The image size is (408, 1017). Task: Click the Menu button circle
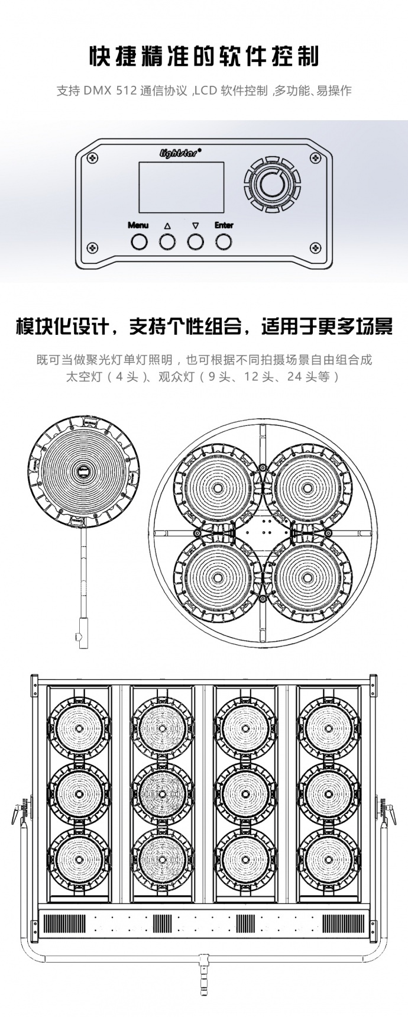[x=139, y=241]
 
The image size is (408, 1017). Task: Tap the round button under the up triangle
[x=167, y=241]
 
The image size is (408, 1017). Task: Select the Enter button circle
[x=224, y=241]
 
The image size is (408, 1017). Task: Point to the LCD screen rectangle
[x=181, y=187]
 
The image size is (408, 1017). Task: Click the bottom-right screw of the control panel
[x=316, y=247]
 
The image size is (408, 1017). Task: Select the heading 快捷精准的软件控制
[x=203, y=57]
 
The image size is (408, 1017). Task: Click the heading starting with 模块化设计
[x=203, y=326]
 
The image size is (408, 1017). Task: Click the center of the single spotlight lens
[x=84, y=472]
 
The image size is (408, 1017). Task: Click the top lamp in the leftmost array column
[x=79, y=727]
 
